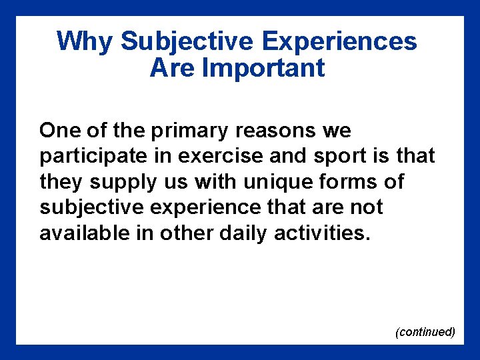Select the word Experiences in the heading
coord(339,41)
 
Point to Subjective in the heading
coord(187,41)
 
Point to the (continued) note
coord(425,331)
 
